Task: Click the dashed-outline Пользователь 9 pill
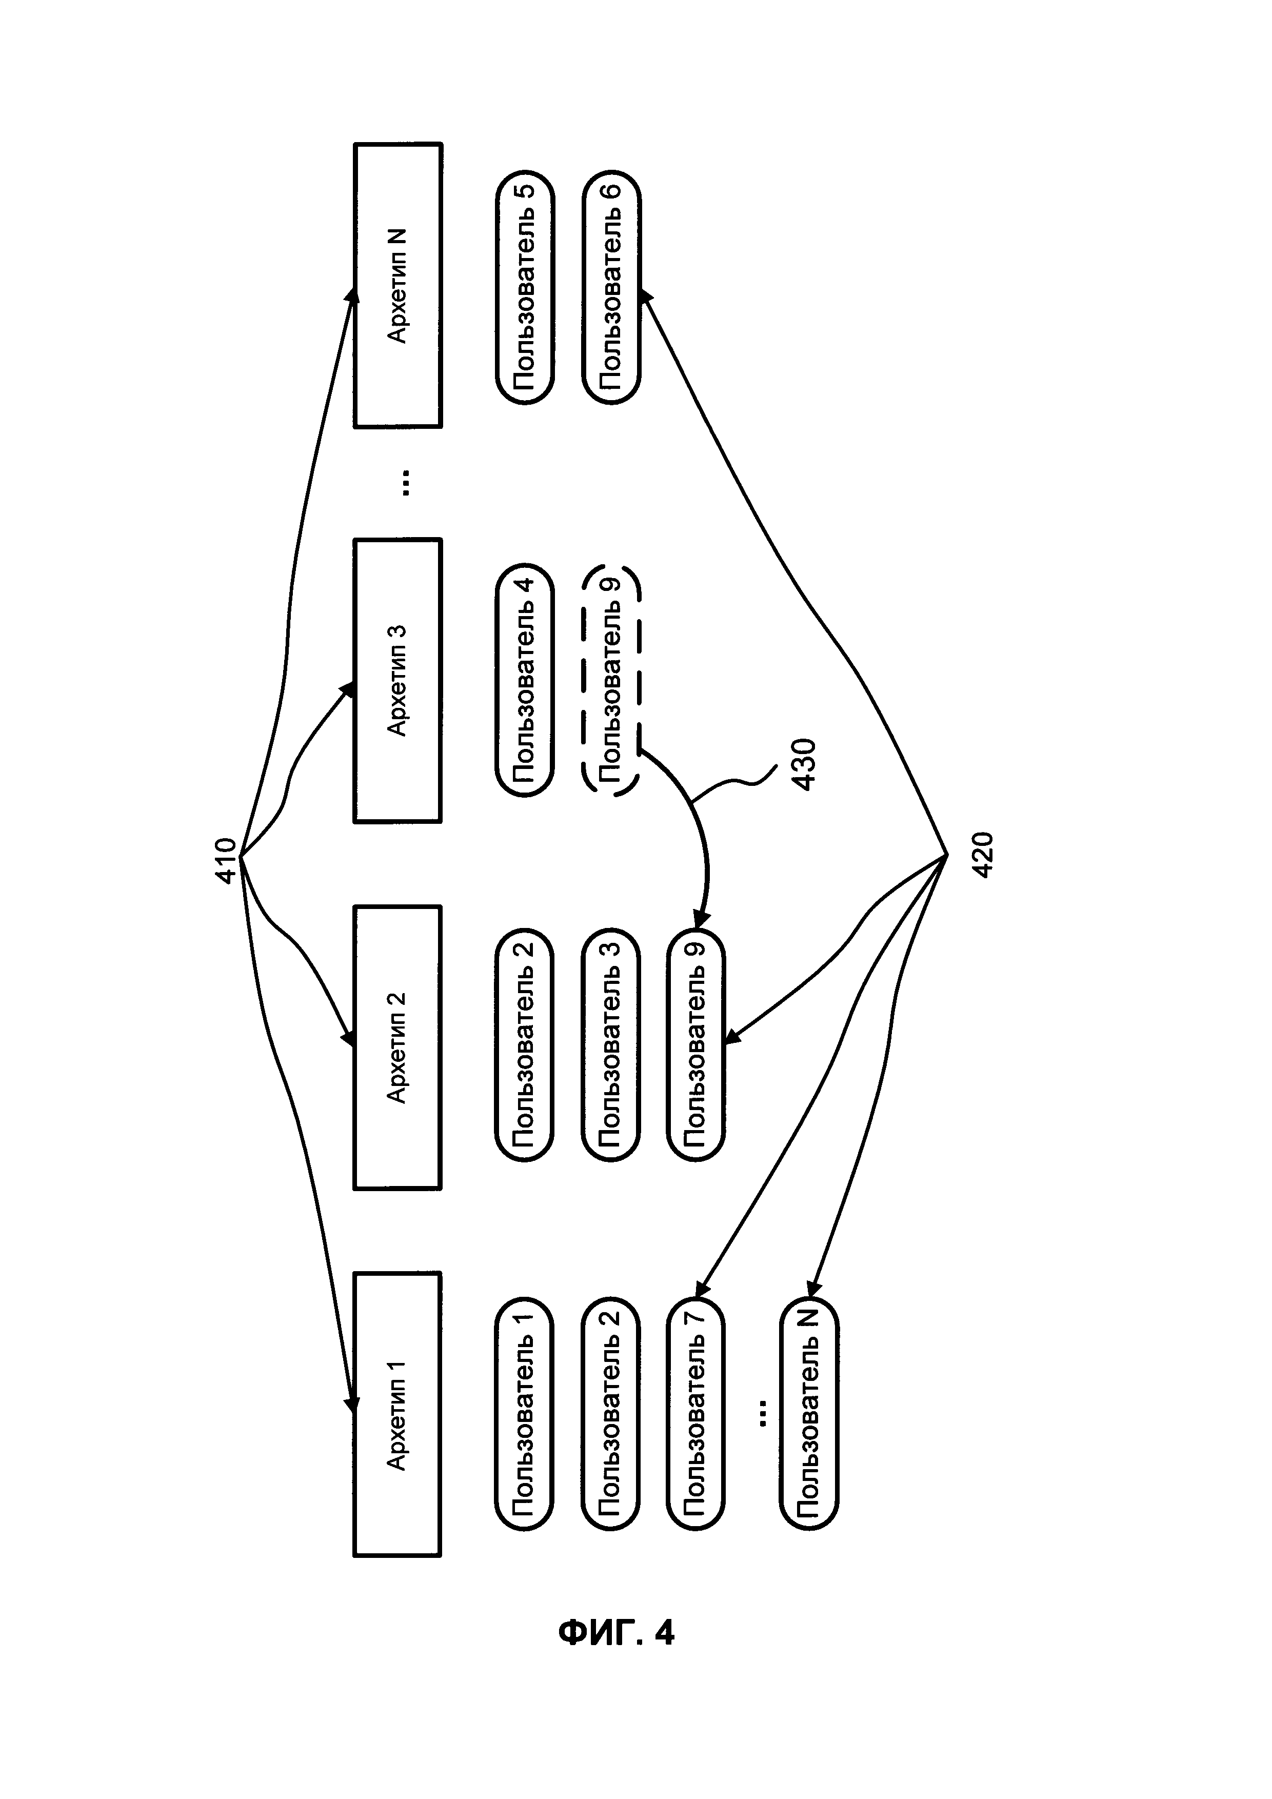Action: pyautogui.click(x=611, y=680)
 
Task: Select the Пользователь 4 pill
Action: pyautogui.click(x=524, y=680)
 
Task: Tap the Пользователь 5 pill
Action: pyautogui.click(x=524, y=286)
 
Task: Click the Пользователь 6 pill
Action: pyautogui.click(x=611, y=286)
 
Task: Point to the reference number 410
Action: pyautogui.click(x=226, y=861)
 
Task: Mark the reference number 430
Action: pyautogui.click(x=804, y=764)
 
